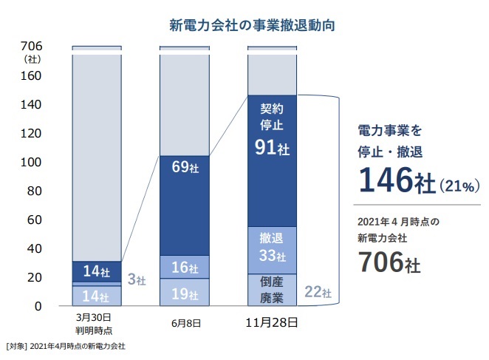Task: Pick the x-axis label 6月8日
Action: pyautogui.click(x=185, y=324)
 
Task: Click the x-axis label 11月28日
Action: pyautogui.click(x=273, y=324)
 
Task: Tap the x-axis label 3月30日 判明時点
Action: pyautogui.click(x=96, y=327)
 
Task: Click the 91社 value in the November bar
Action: pyautogui.click(x=273, y=147)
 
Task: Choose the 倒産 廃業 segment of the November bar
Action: pyautogui.click(x=273, y=289)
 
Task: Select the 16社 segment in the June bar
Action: pyautogui.click(x=185, y=267)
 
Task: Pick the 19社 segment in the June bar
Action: pyautogui.click(x=185, y=293)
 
